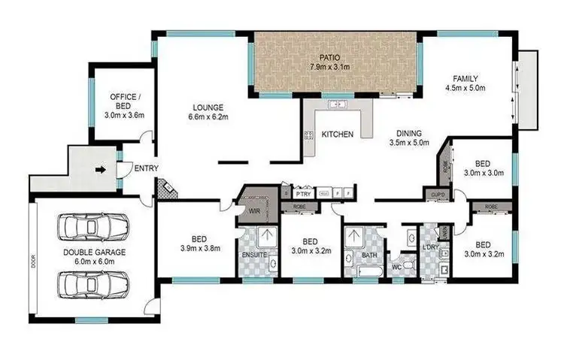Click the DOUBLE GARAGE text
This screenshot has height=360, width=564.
pyautogui.click(x=93, y=252)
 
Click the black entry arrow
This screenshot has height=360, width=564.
pyautogui.click(x=99, y=170)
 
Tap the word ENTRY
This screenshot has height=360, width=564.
pyautogui.click(x=145, y=168)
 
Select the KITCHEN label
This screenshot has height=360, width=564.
pyautogui.click(x=338, y=134)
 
